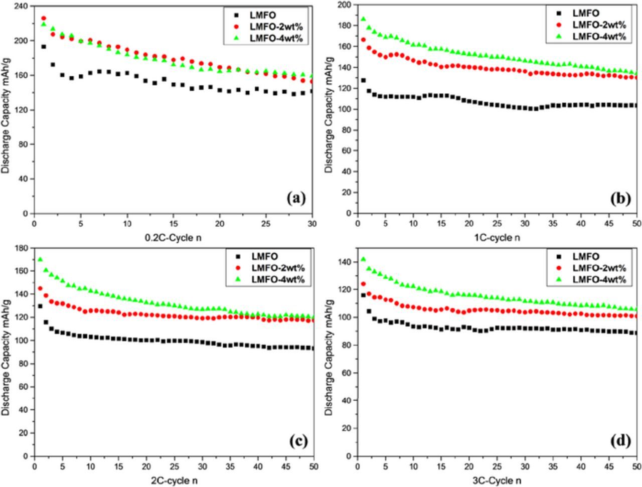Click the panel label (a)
tap(296, 198)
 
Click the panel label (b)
tap(620, 198)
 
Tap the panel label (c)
tap(298, 441)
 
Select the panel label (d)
tap(620, 441)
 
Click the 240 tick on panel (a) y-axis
tap(22, 6)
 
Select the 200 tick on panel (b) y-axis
tap(345, 5)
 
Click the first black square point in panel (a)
tap(44, 47)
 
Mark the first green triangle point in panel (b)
tap(363, 19)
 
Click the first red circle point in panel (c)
tap(40, 288)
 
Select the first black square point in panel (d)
tap(363, 295)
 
